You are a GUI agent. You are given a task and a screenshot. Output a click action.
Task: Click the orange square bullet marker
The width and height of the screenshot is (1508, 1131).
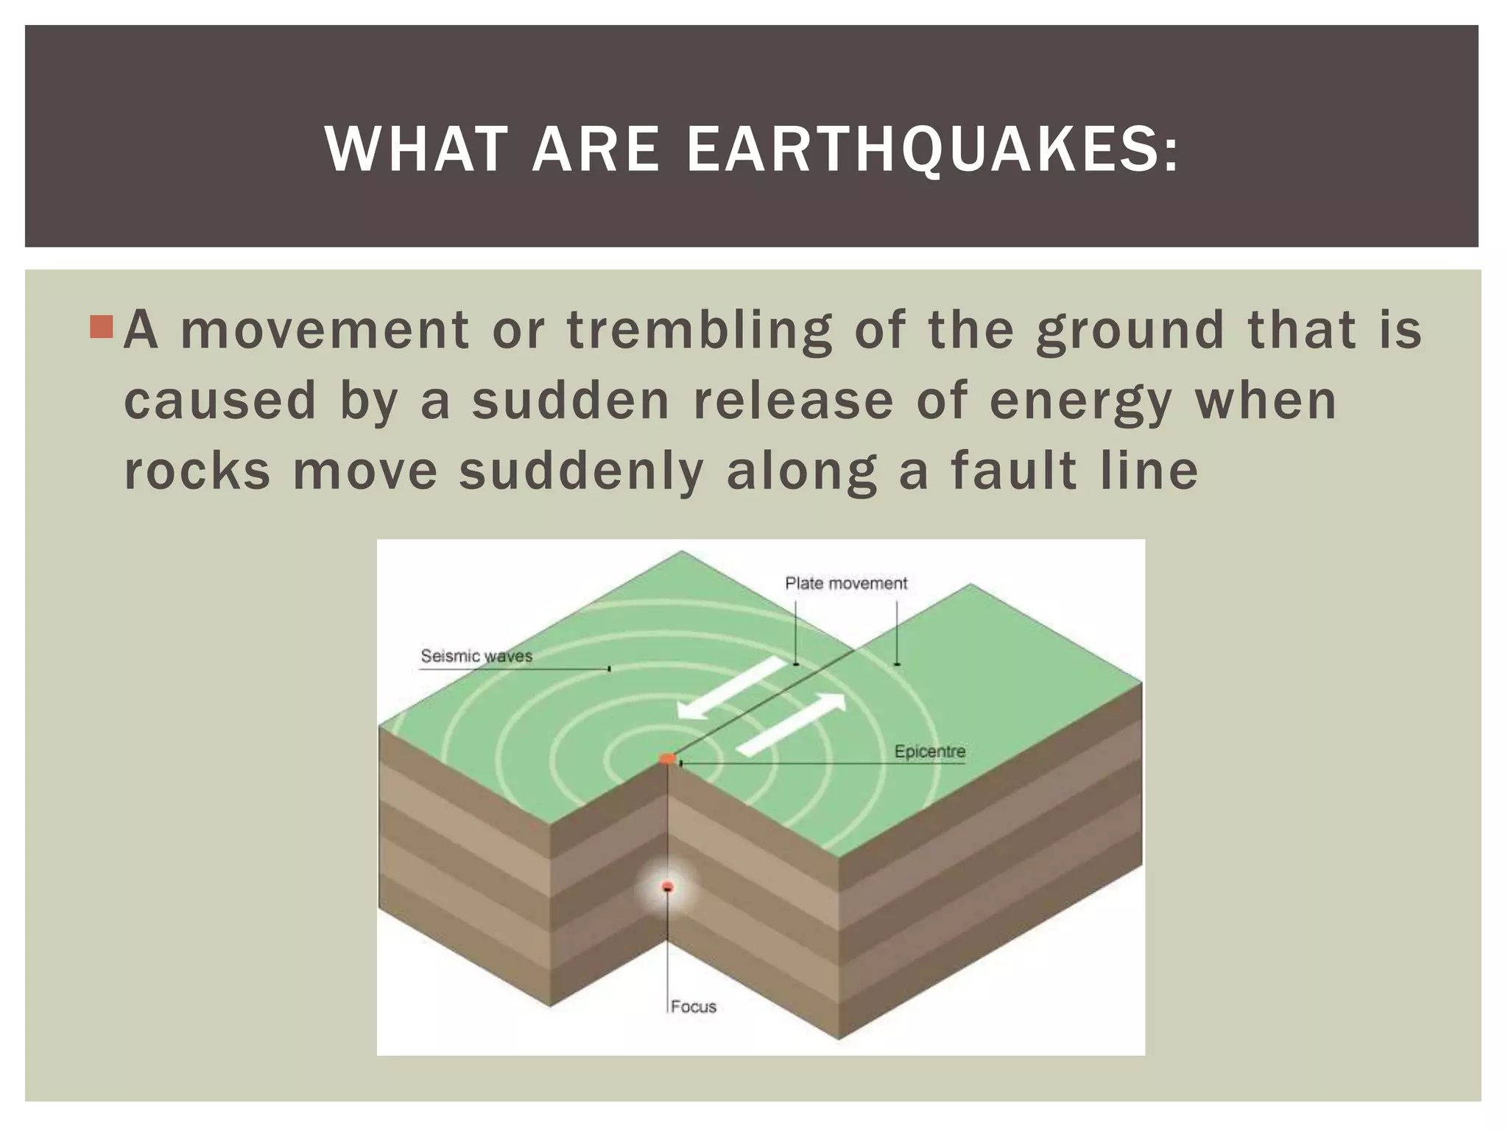[101, 327]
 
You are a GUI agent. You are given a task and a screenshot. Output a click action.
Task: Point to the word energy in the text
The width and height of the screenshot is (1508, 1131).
[1081, 402]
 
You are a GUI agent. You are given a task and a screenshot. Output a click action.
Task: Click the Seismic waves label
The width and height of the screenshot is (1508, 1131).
[476, 656]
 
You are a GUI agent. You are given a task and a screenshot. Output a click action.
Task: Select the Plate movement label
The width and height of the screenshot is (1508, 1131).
[846, 584]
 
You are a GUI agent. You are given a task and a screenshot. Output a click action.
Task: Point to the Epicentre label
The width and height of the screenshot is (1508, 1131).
[929, 752]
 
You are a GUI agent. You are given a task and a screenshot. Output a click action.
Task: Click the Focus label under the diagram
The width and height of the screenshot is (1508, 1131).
[694, 1007]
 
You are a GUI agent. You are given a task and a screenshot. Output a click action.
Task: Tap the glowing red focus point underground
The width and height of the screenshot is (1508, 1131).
[668, 887]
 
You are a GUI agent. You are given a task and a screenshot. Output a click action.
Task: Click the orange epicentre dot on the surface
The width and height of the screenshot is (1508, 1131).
[667, 758]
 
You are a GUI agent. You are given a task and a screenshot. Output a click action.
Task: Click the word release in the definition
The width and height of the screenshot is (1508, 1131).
[793, 402]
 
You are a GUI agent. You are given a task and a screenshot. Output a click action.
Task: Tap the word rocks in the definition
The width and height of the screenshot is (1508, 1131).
[197, 471]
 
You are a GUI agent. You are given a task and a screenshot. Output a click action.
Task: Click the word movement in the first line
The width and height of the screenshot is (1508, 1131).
[325, 331]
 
